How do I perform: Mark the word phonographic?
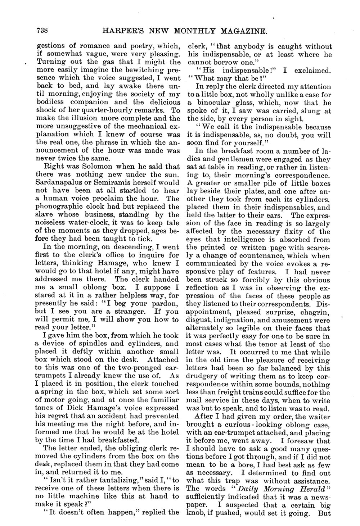pyautogui.click(x=58, y=207)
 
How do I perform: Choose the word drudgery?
pyautogui.click(x=202, y=376)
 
